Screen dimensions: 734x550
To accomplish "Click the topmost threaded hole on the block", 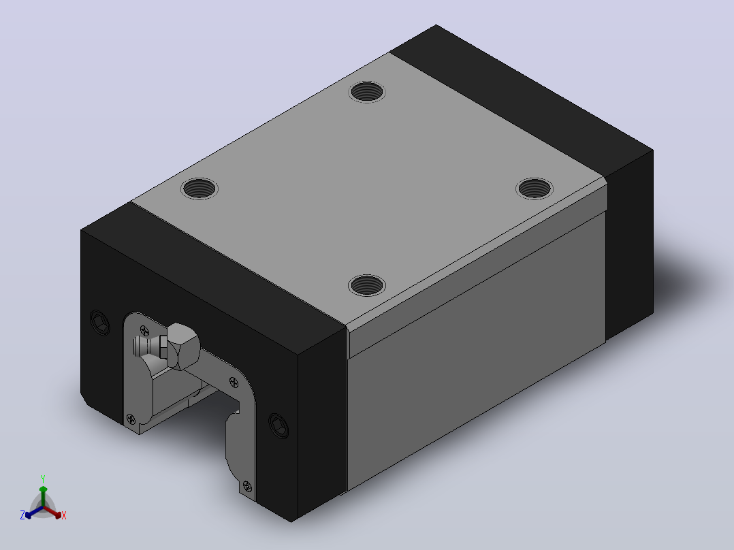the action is pyautogui.click(x=367, y=92).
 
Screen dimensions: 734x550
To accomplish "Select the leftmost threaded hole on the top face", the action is pyautogui.click(x=200, y=189).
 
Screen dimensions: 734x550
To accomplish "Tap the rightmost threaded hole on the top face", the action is pyautogui.click(x=534, y=189).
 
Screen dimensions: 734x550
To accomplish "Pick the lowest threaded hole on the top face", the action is pyautogui.click(x=367, y=285).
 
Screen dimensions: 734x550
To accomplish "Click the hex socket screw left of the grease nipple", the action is pyautogui.click(x=99, y=323).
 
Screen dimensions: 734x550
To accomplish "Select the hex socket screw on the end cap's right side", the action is pyautogui.click(x=278, y=425).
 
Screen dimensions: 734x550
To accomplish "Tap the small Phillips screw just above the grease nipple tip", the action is pyautogui.click(x=145, y=331).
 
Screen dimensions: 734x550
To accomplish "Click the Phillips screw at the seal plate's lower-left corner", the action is pyautogui.click(x=131, y=419).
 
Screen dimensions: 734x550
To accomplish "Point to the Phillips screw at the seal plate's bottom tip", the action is pyautogui.click(x=248, y=487).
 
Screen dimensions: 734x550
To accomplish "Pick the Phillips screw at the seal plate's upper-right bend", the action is pyautogui.click(x=234, y=383).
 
